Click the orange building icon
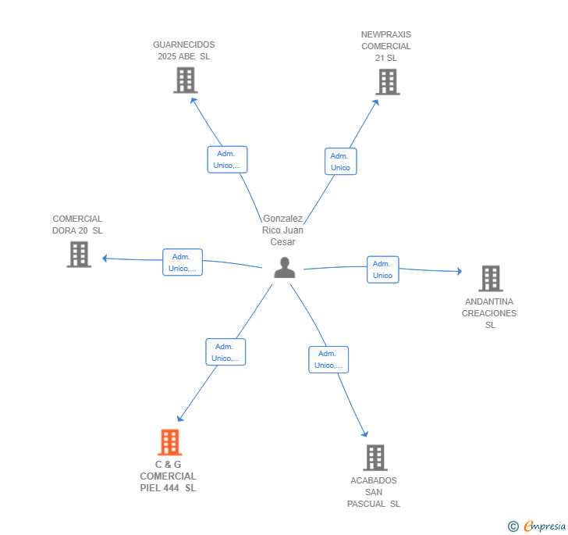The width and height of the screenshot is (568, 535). point(170,442)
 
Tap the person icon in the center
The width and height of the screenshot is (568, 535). point(285,268)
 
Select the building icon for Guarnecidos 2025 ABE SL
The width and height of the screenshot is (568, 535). point(186,80)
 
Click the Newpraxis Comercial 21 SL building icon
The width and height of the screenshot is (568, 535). point(388,82)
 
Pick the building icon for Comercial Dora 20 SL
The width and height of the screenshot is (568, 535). point(79,255)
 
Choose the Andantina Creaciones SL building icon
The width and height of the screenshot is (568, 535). point(491,279)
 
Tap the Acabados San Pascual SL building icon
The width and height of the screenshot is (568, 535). point(375,458)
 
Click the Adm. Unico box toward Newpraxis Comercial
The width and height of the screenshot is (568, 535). point(340,162)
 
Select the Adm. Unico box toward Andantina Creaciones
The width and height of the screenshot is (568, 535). point(383,269)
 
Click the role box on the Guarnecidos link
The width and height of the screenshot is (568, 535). point(228,159)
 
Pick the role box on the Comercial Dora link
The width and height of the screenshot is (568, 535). point(183,262)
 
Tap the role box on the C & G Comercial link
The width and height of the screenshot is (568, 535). point(225,351)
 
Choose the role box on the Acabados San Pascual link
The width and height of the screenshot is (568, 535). point(328,359)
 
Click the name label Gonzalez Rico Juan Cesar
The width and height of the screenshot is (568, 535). point(283,230)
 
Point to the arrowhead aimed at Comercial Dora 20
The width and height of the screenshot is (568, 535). point(105,259)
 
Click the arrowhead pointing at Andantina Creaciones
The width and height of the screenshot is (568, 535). point(460,271)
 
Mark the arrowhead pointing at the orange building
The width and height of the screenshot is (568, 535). point(180,418)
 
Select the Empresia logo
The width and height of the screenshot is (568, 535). point(545,526)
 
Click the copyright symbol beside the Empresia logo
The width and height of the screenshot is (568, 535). point(513,526)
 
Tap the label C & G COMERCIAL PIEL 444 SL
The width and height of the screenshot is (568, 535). point(168,476)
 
